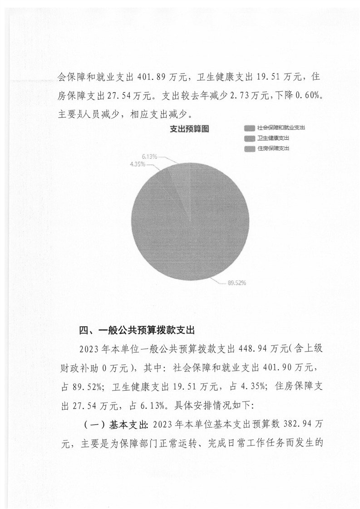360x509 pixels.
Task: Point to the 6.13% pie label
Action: pyautogui.click(x=149, y=157)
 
